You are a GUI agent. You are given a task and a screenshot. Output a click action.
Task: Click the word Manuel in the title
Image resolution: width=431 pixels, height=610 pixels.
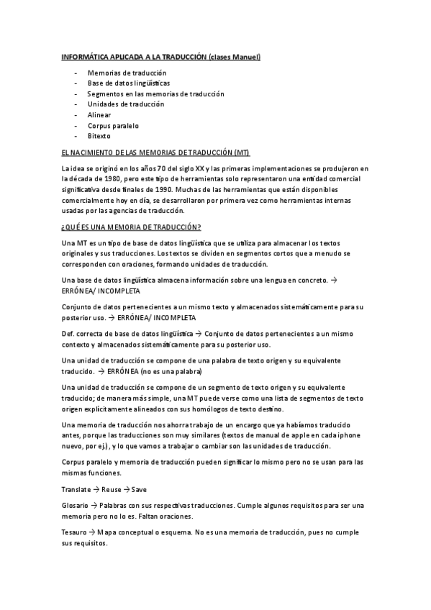click(245, 57)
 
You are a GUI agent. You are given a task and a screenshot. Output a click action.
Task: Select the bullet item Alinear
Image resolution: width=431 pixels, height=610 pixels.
click(99, 114)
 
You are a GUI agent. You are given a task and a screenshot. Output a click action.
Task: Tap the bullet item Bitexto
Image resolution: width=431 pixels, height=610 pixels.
click(99, 135)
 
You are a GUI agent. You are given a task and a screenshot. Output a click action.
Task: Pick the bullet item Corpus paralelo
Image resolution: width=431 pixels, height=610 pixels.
click(113, 125)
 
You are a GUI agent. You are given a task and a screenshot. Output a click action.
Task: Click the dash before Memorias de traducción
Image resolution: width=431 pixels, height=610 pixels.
click(75, 73)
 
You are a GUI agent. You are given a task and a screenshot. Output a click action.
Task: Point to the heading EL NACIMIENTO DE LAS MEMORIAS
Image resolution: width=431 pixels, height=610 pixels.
click(155, 152)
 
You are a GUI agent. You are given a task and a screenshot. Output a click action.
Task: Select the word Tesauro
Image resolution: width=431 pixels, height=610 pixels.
click(74, 532)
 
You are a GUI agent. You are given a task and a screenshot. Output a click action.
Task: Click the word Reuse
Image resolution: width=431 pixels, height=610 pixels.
click(112, 489)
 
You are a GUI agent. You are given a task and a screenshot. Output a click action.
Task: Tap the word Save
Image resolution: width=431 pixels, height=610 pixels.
click(140, 489)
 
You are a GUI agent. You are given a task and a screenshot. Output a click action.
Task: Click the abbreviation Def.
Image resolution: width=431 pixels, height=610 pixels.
click(69, 334)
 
